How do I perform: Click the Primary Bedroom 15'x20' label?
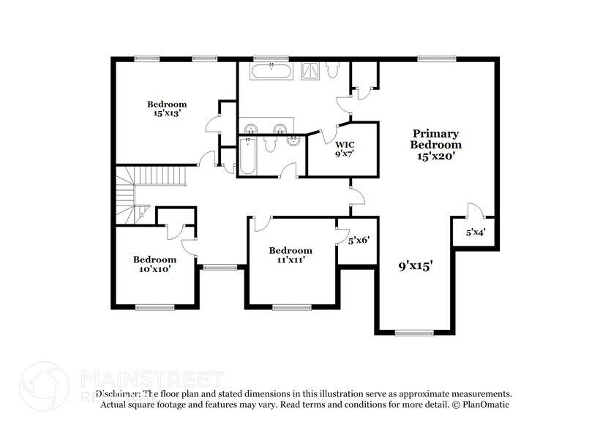pos(436,144)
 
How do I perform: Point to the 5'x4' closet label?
pos(476,233)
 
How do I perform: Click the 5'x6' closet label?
pos(358,239)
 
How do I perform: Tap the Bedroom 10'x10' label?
pos(154,264)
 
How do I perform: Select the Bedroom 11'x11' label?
pos(291,254)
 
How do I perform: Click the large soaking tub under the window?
pos(271,72)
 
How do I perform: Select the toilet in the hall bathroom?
pos(269,144)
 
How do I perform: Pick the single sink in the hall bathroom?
pos(293,140)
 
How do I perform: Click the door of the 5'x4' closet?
pos(472,211)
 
